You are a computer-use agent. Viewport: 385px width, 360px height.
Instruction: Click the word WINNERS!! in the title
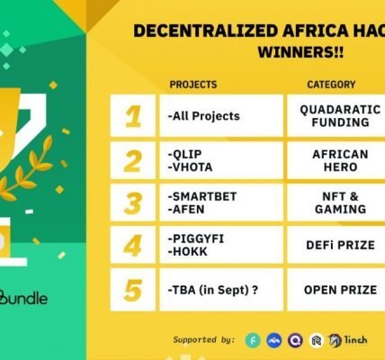pos(300,52)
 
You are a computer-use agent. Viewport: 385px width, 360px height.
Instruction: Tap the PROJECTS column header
pos(193,85)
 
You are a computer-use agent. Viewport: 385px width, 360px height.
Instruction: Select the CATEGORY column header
pos(331,85)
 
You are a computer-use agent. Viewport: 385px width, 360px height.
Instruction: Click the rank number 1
pos(133,116)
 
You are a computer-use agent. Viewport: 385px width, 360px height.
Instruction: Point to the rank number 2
pos(132,161)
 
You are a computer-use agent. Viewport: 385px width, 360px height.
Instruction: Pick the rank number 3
pos(132,203)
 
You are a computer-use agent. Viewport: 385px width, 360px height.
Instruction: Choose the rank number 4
pos(132,246)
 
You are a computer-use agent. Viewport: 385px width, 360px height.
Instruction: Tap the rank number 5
pos(132,290)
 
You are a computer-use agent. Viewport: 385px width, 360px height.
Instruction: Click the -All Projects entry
pos(204,116)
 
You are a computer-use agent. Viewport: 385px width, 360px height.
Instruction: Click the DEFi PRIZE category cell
pos(340,245)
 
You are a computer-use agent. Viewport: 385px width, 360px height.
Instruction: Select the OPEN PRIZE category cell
pos(340,290)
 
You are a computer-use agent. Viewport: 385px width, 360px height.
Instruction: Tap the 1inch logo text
pos(355,340)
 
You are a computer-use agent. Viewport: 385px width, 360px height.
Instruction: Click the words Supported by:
pos(204,340)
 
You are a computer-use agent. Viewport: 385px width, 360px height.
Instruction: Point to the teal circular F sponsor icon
pos(253,340)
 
